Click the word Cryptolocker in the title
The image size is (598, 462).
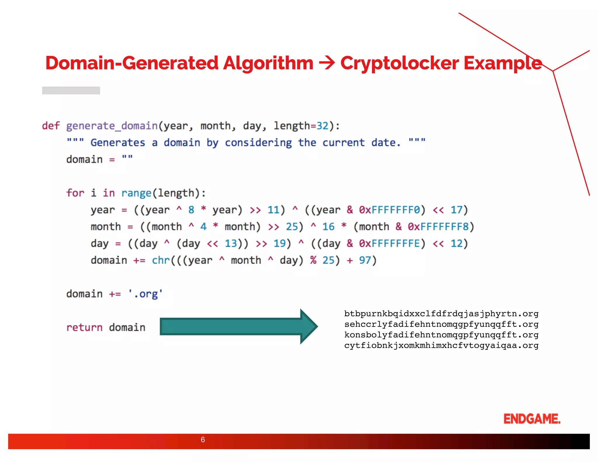point(399,63)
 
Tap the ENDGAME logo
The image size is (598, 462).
point(532,419)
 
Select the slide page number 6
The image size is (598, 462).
point(203,440)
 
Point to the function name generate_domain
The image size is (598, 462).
point(112,126)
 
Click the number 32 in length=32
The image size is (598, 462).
point(323,126)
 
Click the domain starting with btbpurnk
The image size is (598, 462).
point(441,314)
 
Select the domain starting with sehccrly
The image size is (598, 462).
point(441,324)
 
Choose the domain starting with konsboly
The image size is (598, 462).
point(441,335)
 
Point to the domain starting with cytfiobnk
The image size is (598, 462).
point(441,345)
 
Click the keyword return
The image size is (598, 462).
point(84,327)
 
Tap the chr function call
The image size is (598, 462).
point(161,260)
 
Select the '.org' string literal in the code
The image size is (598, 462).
point(145,294)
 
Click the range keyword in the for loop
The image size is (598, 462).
point(136,193)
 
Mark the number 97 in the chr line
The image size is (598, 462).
point(365,260)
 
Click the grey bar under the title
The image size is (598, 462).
point(71,91)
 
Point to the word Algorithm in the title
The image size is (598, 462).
point(268,63)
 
